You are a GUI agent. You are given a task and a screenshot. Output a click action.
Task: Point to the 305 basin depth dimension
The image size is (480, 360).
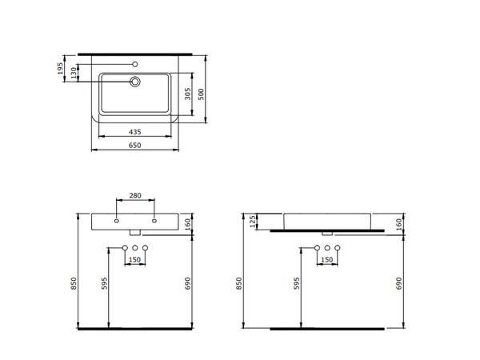click(187, 94)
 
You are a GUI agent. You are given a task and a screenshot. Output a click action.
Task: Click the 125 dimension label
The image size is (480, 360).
click(253, 221)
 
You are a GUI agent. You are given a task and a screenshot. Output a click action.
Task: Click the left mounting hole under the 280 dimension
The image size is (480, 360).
click(117, 220)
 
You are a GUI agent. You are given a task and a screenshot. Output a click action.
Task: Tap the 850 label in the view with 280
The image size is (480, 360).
click(74, 282)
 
